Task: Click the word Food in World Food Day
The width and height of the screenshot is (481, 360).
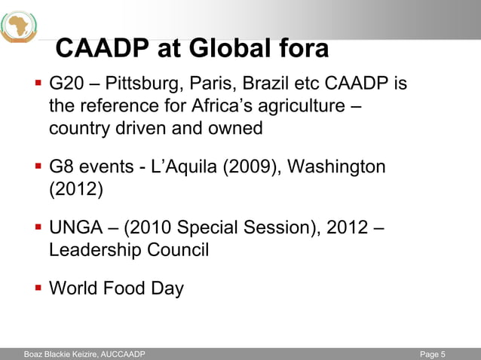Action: (130, 288)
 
